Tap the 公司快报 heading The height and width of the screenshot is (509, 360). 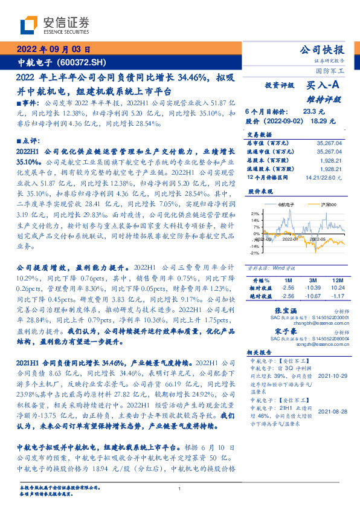tap(323, 50)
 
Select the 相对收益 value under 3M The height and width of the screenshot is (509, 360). tap(312, 289)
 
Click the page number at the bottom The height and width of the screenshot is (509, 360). tap(180, 488)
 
